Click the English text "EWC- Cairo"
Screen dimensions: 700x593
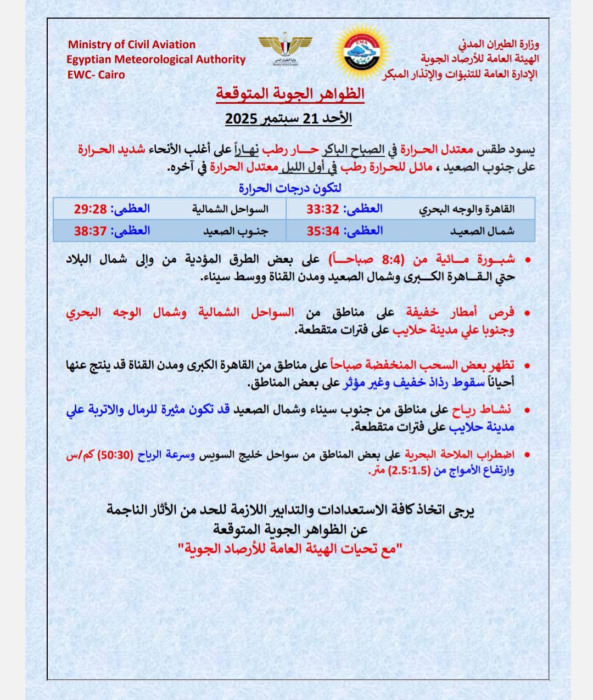[x=96, y=75]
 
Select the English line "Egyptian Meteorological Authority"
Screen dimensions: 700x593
[x=156, y=60]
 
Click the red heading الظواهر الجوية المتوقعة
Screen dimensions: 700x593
[x=290, y=94]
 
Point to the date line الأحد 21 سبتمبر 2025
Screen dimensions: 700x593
[x=289, y=118]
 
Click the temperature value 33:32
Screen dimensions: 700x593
[x=323, y=209]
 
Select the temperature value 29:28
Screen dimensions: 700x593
[x=90, y=209]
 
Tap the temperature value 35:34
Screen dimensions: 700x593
[x=323, y=231]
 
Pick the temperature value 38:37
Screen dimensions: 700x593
[x=90, y=231]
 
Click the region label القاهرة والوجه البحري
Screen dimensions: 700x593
[x=467, y=209]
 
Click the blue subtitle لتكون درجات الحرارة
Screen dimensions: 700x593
[x=290, y=188]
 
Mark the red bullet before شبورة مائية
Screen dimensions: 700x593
[x=528, y=260]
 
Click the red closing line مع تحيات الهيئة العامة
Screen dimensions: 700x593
[x=290, y=548]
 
